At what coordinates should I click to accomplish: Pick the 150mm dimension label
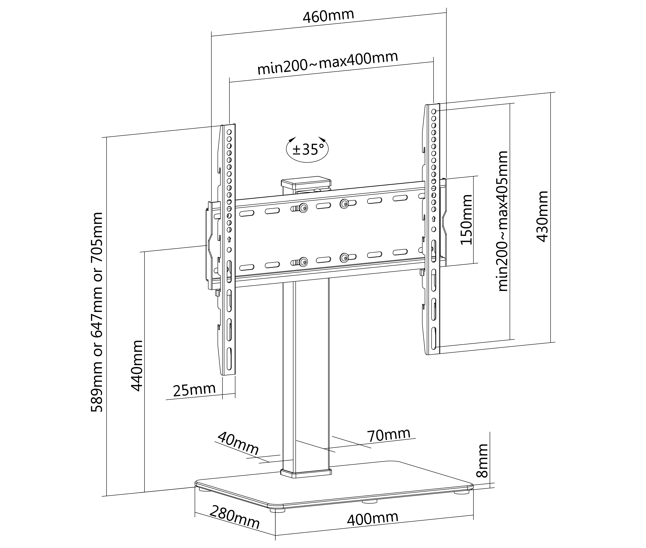tap(466, 220)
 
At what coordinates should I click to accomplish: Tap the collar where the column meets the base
tap(306, 473)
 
